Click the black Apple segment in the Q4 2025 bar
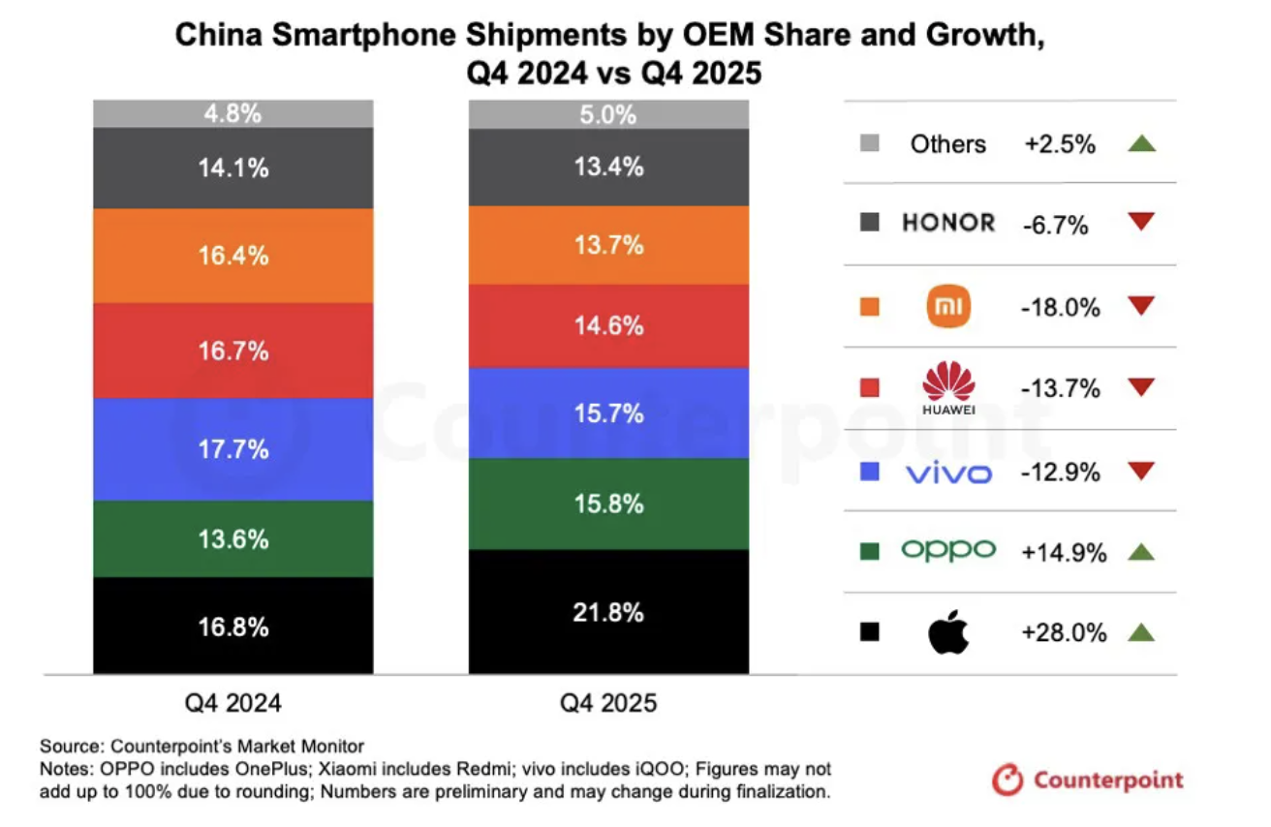pyautogui.click(x=608, y=611)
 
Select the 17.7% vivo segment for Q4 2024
pyautogui.click(x=232, y=449)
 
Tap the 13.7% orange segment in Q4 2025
pyautogui.click(x=608, y=245)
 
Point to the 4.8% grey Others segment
pyautogui.click(x=232, y=113)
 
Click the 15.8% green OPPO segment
pyautogui.click(x=608, y=504)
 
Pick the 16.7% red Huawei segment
pyautogui.click(x=232, y=351)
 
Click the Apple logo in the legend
pyautogui.click(x=948, y=633)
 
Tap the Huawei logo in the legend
pyautogui.click(x=948, y=387)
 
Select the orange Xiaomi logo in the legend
pyautogui.click(x=948, y=308)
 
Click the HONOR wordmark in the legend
pyautogui.click(x=948, y=223)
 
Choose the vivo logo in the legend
pyautogui.click(x=948, y=474)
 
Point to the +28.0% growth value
pyautogui.click(x=1063, y=633)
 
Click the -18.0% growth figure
pyautogui.click(x=1061, y=308)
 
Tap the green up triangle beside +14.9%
pyautogui.click(x=1141, y=552)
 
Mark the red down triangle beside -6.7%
pyautogui.click(x=1141, y=223)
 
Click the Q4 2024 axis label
pyautogui.click(x=232, y=703)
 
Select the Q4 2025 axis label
pyautogui.click(x=608, y=703)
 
